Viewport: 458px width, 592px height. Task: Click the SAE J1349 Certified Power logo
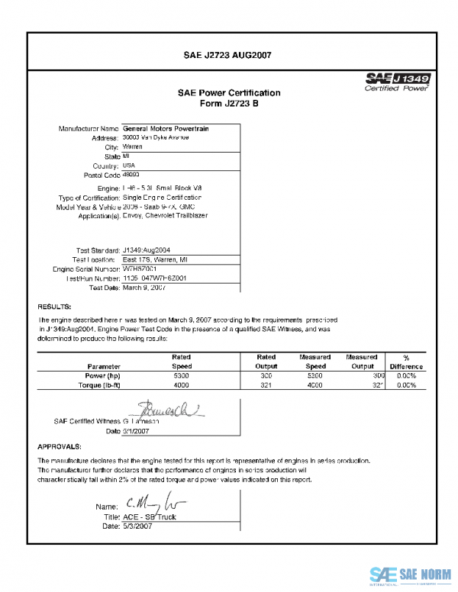click(x=398, y=82)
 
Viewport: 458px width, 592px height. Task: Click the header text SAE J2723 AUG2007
click(x=228, y=55)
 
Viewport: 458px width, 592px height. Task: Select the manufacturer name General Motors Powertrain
click(x=166, y=128)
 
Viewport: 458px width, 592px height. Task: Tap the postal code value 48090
click(x=133, y=175)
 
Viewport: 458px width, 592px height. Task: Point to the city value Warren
click(x=133, y=146)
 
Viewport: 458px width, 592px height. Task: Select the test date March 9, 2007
click(x=144, y=288)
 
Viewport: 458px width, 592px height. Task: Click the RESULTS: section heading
click(x=55, y=307)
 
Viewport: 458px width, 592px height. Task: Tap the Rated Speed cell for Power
click(x=182, y=376)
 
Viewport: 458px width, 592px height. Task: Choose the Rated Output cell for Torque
click(x=266, y=385)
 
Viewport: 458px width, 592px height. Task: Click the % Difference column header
click(x=406, y=362)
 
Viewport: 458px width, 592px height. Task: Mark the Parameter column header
click(x=104, y=366)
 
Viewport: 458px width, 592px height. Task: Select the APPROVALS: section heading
click(x=60, y=446)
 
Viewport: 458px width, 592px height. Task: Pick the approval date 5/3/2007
click(x=138, y=526)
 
